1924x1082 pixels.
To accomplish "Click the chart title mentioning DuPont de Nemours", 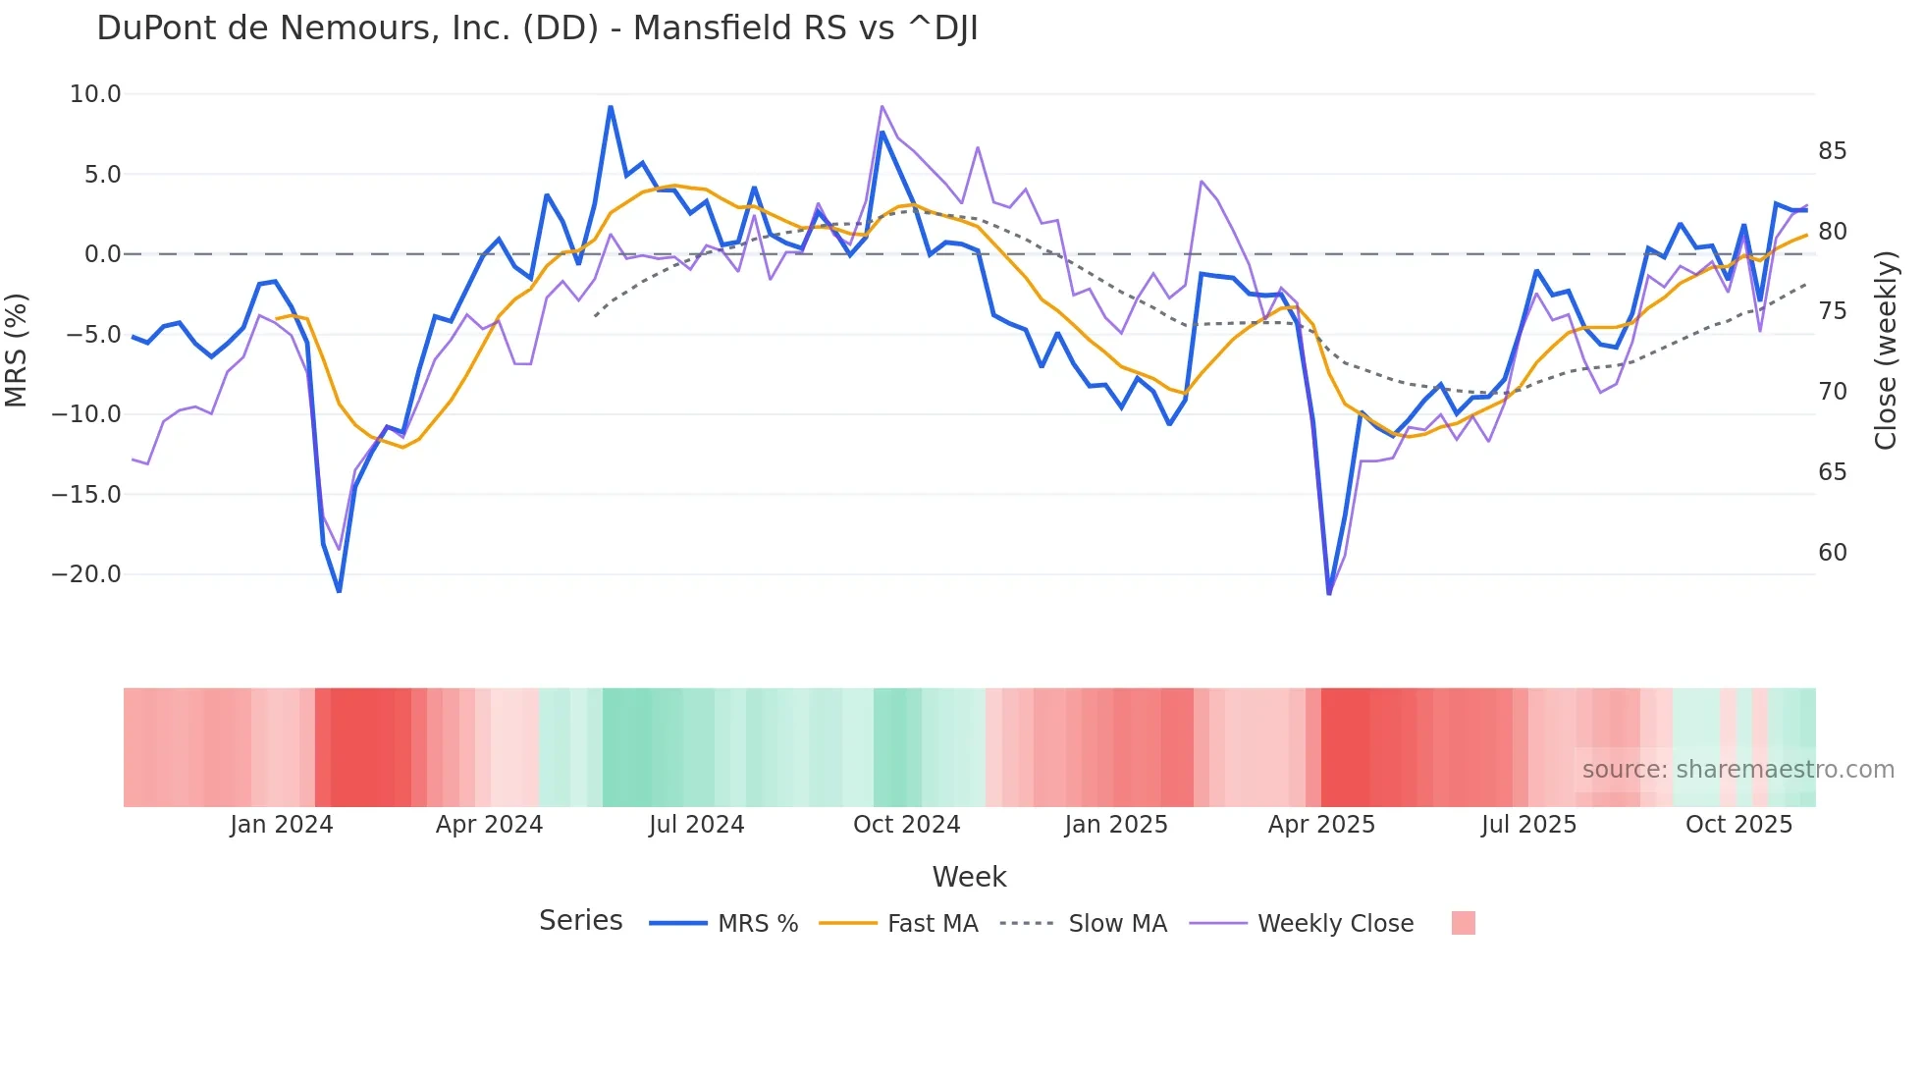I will point(537,28).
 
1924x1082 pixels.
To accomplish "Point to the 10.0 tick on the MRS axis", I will point(95,94).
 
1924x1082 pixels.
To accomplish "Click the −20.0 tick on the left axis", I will point(86,574).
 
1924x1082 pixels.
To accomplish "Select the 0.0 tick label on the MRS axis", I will point(102,254).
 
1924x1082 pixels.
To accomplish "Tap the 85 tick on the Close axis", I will point(1832,151).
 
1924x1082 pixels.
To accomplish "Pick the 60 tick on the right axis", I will point(1832,553).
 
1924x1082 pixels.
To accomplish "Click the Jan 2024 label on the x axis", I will point(282,825).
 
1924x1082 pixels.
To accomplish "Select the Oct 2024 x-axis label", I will point(906,825).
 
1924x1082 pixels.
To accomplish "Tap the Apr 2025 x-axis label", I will point(1321,825).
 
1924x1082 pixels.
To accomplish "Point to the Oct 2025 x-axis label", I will point(1738,825).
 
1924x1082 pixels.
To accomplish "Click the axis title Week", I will point(969,877).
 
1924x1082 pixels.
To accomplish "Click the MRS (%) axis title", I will point(17,351).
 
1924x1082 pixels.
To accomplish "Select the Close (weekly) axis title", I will point(1886,351).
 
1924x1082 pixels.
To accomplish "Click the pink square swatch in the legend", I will point(1463,923).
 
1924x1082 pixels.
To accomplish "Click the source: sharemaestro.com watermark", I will point(1737,770).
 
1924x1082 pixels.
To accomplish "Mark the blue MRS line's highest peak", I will point(611,107).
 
